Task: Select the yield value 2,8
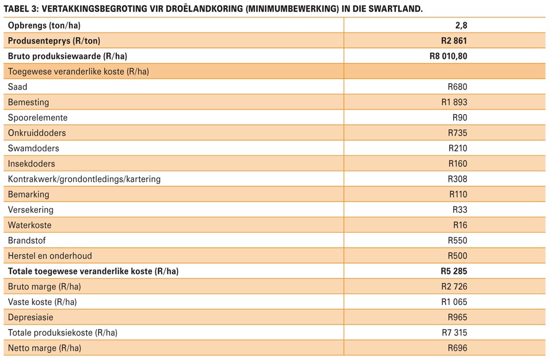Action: tap(461, 25)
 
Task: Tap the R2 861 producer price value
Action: tap(454, 41)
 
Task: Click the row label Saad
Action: tap(18, 87)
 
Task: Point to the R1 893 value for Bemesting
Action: tap(454, 102)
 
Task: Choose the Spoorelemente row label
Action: tap(38, 118)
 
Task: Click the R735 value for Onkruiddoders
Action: tap(457, 133)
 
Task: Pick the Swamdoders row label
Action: tap(33, 148)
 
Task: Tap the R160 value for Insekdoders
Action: tap(458, 163)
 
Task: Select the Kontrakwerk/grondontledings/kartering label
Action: tap(84, 179)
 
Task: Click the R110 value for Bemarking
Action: tap(458, 194)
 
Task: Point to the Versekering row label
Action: tap(30, 210)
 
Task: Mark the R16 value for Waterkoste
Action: tap(460, 225)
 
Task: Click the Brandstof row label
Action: tap(27, 240)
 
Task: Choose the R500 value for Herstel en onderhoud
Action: tap(457, 256)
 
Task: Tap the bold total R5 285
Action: tap(454, 271)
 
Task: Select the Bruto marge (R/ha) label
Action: tap(45, 287)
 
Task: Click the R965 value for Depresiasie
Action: tap(457, 317)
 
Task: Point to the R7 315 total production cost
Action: tap(454, 332)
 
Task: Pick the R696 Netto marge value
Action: tap(457, 348)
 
